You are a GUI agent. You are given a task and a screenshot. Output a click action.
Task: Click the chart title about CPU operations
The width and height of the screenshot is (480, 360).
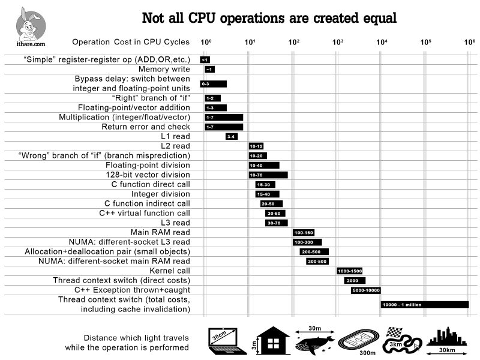click(269, 18)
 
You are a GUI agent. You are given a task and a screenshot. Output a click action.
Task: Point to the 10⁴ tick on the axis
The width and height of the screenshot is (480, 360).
click(382, 42)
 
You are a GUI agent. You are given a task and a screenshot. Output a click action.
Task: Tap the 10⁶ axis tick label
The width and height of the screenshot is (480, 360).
click(469, 42)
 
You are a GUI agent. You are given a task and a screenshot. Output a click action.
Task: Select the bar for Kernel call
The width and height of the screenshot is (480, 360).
click(349, 271)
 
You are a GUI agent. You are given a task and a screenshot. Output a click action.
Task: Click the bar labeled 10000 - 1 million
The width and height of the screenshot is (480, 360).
click(424, 304)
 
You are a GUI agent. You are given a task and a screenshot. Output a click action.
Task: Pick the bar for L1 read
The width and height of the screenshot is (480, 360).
click(232, 136)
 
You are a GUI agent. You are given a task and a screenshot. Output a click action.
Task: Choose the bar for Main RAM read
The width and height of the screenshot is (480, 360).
click(303, 232)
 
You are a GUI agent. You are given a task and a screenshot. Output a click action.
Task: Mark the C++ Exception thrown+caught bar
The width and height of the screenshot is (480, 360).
click(365, 290)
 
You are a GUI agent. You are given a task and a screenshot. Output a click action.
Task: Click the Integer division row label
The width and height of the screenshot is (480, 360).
click(161, 194)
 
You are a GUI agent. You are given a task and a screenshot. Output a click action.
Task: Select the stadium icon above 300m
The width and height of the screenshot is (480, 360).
click(358, 340)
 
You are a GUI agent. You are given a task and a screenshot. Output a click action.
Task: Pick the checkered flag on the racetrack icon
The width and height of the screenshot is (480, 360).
click(394, 332)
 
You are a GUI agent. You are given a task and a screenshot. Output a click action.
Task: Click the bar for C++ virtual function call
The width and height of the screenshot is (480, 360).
click(275, 213)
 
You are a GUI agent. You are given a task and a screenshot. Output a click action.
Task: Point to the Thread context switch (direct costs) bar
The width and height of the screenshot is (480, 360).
click(355, 280)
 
